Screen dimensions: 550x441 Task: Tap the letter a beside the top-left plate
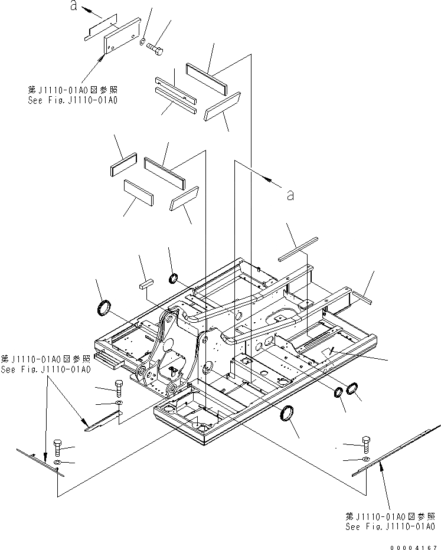point(73,6)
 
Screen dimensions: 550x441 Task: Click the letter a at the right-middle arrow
point(289,195)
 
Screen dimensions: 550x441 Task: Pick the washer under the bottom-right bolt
point(365,459)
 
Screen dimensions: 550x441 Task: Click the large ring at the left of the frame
point(104,307)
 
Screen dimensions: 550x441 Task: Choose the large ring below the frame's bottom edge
point(288,414)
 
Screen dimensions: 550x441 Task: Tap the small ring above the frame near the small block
point(174,278)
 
